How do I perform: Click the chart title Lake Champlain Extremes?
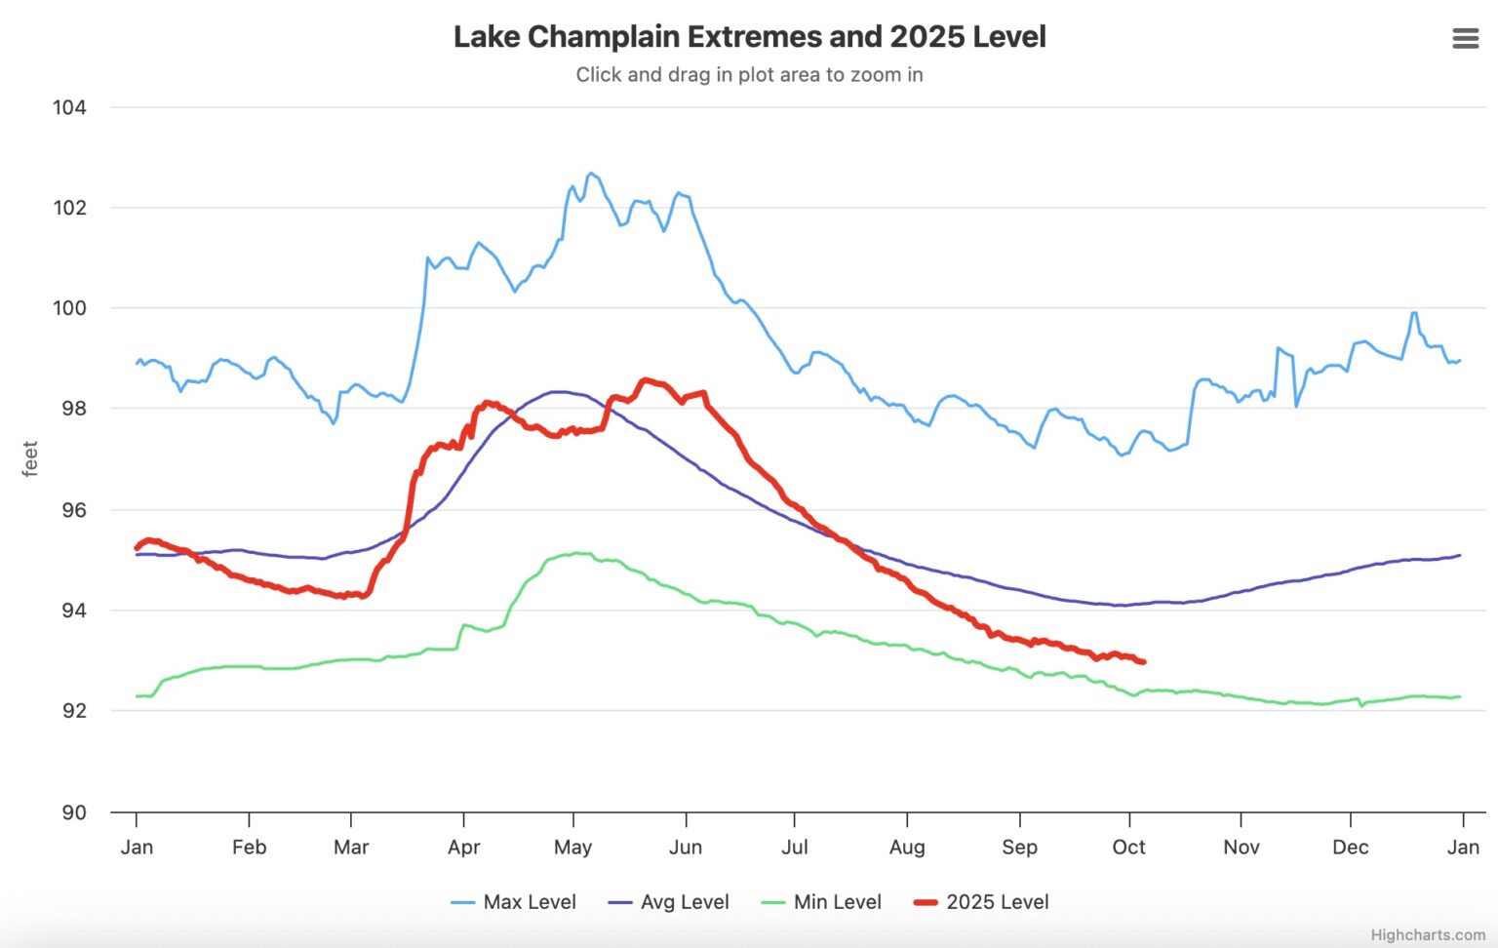749,37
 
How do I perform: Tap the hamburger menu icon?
1465,38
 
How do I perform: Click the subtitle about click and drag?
749,75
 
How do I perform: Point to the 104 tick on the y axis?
69,107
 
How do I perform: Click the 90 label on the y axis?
73,812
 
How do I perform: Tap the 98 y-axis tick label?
73,409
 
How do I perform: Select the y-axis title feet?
30,458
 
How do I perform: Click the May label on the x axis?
572,847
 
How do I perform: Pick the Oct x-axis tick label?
1128,847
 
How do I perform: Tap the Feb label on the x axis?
249,847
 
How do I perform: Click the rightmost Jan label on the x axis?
1462,847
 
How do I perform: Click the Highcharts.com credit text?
1427,934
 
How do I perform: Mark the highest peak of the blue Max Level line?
590,174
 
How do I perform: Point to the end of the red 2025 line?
1143,662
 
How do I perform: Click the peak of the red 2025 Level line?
645,380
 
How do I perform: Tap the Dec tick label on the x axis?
1350,847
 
